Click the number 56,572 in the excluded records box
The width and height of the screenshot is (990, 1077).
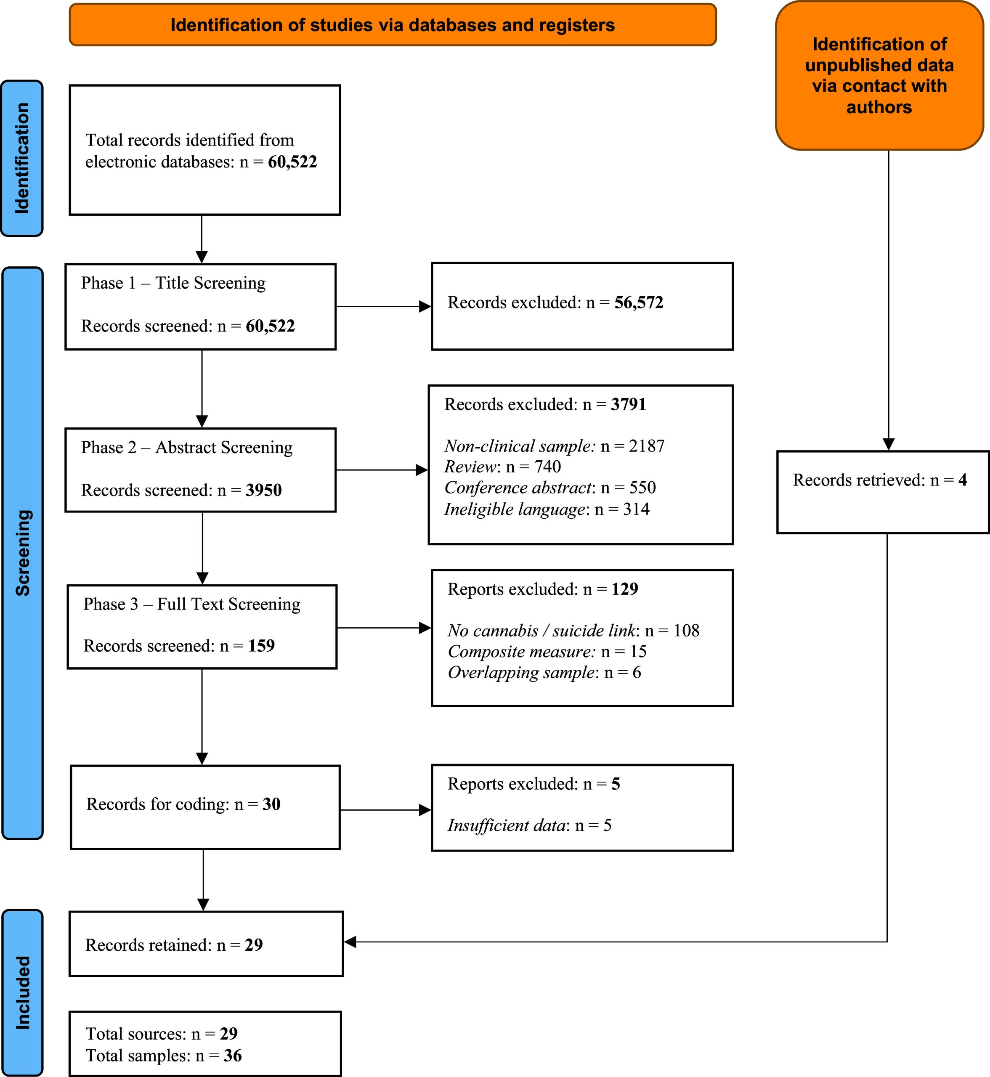[639, 302]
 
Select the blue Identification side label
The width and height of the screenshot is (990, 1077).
[22, 159]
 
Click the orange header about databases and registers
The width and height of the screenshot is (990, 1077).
[393, 25]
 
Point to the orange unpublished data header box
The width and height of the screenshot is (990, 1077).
[879, 75]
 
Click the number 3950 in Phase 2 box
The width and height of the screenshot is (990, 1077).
[263, 490]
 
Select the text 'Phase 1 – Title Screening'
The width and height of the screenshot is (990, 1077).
[173, 283]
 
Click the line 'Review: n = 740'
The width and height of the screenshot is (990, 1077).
[502, 467]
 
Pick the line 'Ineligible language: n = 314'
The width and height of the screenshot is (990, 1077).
[547, 509]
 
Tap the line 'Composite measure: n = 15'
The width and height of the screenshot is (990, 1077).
[547, 651]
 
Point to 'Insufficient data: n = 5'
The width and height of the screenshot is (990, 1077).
[529, 825]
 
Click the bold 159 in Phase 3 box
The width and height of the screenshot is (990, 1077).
[261, 645]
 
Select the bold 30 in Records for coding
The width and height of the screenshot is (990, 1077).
[272, 804]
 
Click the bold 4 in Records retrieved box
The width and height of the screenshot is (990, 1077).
[963, 480]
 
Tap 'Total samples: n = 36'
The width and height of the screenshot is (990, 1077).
[163, 1056]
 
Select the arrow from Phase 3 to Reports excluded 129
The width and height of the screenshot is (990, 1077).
[384, 628]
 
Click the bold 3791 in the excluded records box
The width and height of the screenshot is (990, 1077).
[629, 404]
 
